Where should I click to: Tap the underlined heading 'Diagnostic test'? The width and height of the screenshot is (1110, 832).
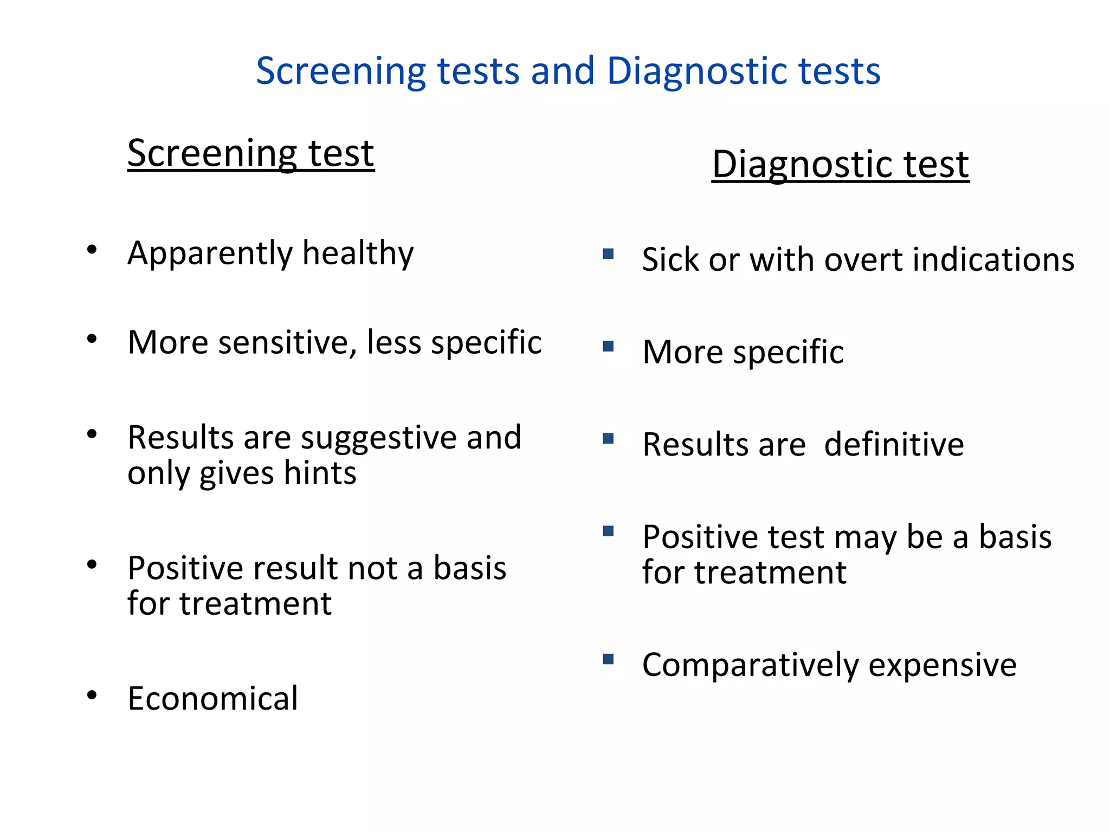point(840,164)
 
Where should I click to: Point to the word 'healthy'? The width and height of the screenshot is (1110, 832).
point(358,253)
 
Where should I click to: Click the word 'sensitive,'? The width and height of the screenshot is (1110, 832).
point(288,343)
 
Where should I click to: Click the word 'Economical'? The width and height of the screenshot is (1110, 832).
point(212,698)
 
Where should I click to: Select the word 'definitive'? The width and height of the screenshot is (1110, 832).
point(894,445)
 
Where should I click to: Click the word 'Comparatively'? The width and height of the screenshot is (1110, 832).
point(750,666)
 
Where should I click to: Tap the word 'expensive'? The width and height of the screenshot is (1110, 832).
point(943,666)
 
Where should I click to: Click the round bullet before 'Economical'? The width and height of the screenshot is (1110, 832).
point(92,695)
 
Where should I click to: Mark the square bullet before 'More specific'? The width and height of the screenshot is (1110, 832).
point(608,346)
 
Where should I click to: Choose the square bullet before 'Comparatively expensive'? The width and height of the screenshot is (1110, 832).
point(608,659)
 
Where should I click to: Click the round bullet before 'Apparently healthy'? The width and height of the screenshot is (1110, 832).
point(92,250)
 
